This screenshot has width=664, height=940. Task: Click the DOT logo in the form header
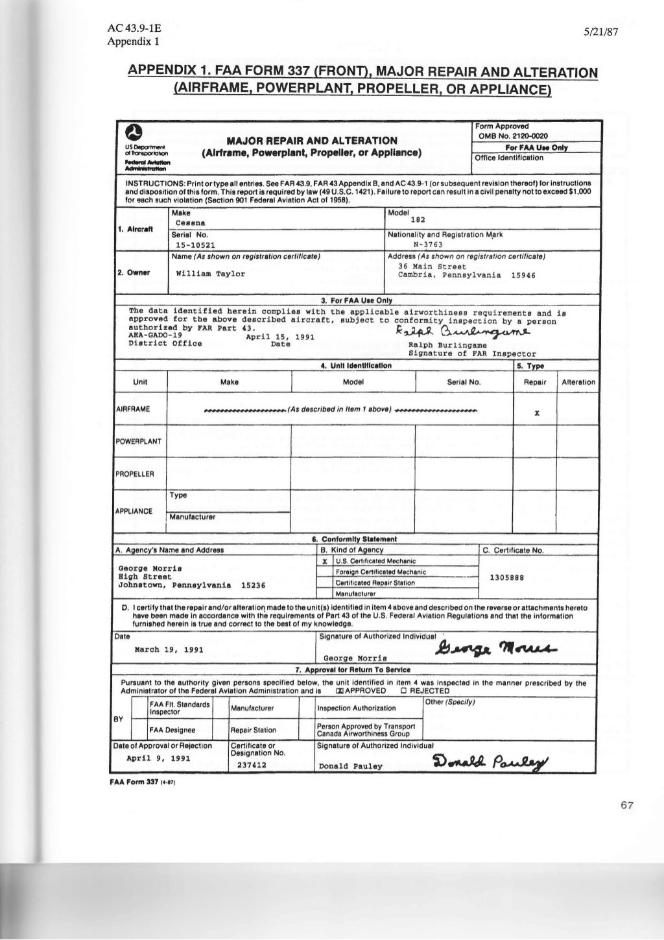pyautogui.click(x=133, y=133)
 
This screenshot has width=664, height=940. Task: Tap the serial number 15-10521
pyautogui.click(x=196, y=245)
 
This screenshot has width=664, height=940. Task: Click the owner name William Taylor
pyautogui.click(x=211, y=274)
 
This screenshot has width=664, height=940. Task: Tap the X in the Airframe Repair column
pyautogui.click(x=536, y=413)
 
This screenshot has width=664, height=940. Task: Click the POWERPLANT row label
pyautogui.click(x=139, y=441)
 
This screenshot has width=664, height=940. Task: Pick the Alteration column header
pyautogui.click(x=578, y=382)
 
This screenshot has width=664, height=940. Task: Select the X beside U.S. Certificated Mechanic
pyautogui.click(x=324, y=561)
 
